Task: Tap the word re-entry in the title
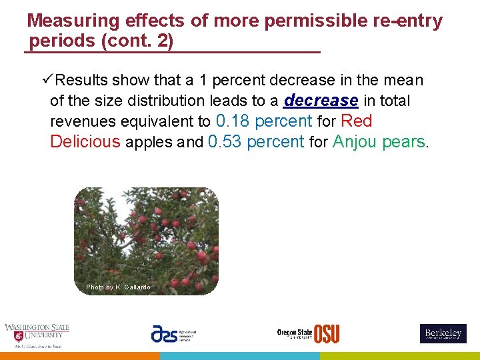coord(408,21)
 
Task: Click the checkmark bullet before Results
coord(47,80)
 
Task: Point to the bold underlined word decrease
coord(321,101)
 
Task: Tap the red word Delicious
coord(85,142)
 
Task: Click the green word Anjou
coord(355,142)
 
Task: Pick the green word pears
coord(404,142)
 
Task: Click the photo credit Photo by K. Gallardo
coord(118,287)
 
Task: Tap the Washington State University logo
coord(37,335)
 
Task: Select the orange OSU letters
coord(327,333)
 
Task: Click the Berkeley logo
coord(443,333)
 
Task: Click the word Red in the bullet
coord(356,121)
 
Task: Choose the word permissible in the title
coord(314,21)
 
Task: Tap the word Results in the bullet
coord(81,80)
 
